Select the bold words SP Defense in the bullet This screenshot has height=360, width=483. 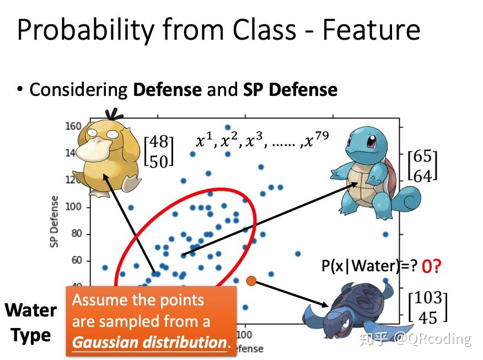tap(290, 89)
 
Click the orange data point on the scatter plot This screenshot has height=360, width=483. tap(251, 281)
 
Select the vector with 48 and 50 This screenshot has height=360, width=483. tap(159, 151)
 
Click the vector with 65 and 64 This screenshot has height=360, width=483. tap(422, 165)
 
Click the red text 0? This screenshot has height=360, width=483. tap(431, 267)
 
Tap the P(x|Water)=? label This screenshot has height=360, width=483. tap(369, 266)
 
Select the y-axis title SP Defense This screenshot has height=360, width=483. tap(55, 221)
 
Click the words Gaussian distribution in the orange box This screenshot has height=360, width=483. tap(149, 342)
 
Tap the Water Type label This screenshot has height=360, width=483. tap(31, 323)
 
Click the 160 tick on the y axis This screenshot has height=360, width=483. tap(73, 126)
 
